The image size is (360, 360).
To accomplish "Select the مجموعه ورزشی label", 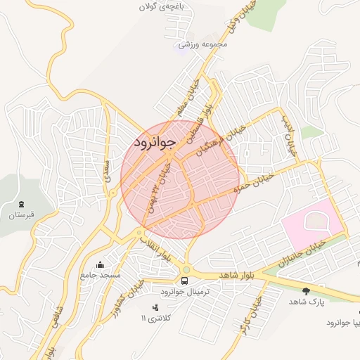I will pyautogui.click(x=204, y=44).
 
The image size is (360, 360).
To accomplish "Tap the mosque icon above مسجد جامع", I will pyautogui.click(x=100, y=265).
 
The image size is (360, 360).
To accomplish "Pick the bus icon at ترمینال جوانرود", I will pyautogui.click(x=184, y=281).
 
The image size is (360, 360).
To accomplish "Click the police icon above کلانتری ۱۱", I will pyautogui.click(x=155, y=307).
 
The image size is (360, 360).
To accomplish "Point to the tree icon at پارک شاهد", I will pyautogui.click(x=305, y=290).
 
